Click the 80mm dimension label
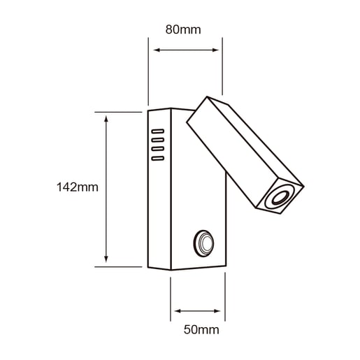[183, 29]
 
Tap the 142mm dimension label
[78, 187]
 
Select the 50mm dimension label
[201, 330]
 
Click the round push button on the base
[203, 243]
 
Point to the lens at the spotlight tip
[280, 198]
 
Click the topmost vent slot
[158, 131]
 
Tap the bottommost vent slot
[158, 159]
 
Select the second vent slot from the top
[158, 140]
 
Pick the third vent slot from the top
[158, 149]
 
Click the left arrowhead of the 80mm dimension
[157, 50]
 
